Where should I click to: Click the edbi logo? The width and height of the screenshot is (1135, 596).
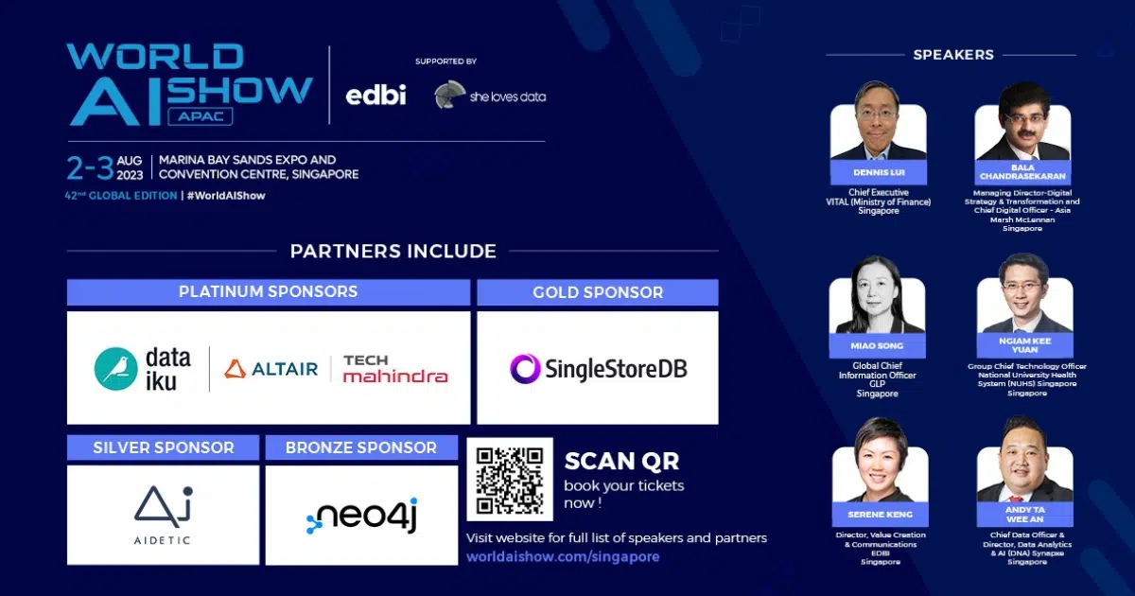point(375,95)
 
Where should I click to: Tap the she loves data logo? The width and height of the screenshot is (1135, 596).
point(490,96)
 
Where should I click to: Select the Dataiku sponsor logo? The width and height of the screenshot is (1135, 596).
point(143,369)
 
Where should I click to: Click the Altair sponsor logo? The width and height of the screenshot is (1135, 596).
point(271,369)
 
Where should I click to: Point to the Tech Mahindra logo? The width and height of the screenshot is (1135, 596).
point(394,369)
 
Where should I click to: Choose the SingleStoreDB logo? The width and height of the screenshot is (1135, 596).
point(598,368)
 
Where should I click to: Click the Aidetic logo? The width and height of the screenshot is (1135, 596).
point(163,515)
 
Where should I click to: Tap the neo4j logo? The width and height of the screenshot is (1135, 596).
point(361,517)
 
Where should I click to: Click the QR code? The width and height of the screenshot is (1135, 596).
point(510,480)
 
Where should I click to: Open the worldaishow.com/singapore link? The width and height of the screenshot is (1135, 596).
point(563,557)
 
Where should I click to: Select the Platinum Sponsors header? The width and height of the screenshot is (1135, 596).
point(268,292)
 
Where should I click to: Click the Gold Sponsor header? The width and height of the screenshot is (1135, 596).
point(598,292)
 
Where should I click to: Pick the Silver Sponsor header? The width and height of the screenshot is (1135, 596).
point(163,447)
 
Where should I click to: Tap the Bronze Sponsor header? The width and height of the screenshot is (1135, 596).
point(361,447)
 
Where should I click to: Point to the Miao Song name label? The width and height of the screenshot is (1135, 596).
point(877,346)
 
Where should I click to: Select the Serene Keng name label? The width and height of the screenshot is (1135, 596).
point(879,516)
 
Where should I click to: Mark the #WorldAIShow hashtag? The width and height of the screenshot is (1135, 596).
point(226,196)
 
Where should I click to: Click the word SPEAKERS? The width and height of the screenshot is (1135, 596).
point(952,55)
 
